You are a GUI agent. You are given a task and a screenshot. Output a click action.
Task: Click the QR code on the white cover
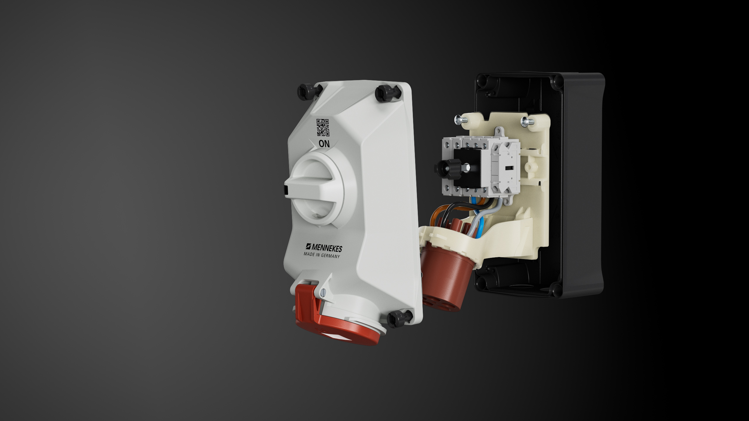[x=323, y=127]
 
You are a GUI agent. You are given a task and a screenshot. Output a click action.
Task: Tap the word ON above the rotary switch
[x=324, y=144]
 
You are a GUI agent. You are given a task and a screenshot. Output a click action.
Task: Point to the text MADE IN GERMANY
[x=322, y=255]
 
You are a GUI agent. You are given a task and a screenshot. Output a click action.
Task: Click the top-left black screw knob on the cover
[x=307, y=92]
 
